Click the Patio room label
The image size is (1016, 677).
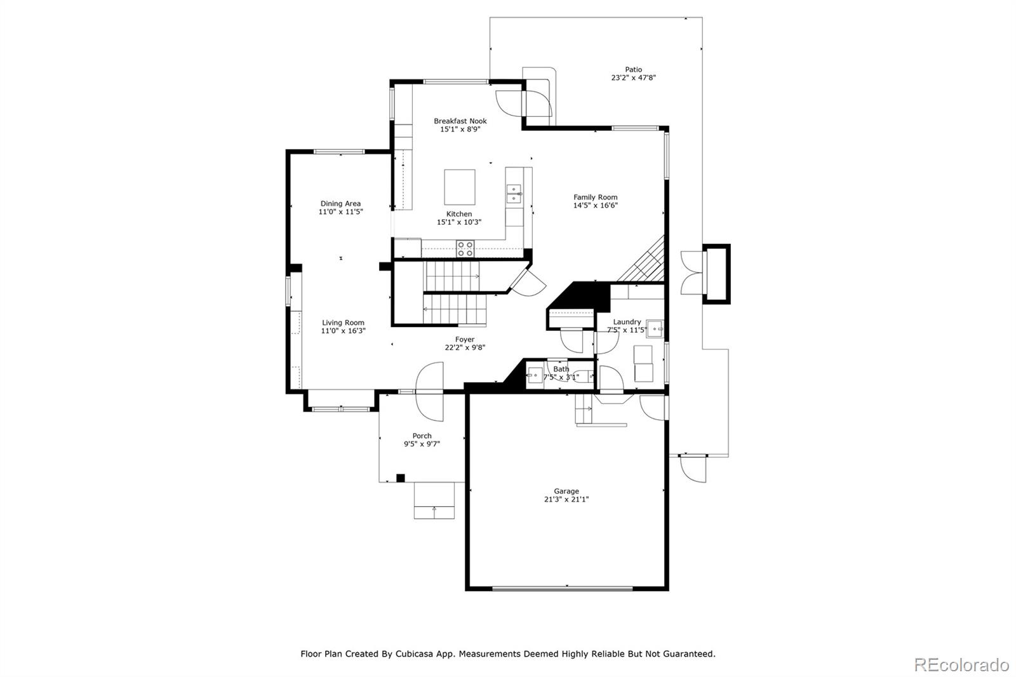click(633, 70)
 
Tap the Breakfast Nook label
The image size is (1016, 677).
click(460, 121)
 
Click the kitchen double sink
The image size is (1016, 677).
click(513, 193)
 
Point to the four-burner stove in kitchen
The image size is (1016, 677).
click(465, 248)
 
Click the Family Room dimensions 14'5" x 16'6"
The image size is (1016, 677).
click(595, 205)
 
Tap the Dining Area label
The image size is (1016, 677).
click(340, 204)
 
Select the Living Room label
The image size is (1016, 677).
click(343, 323)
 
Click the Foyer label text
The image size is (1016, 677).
click(464, 340)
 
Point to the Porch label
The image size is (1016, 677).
click(422, 436)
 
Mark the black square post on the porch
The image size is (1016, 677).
click(400, 478)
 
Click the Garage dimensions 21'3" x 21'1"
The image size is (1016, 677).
click(566, 499)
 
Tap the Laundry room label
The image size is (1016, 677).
click(627, 322)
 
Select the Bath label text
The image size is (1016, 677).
click(561, 369)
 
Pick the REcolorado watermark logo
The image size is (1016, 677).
click(961, 665)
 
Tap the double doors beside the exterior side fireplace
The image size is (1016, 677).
click(691, 273)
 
